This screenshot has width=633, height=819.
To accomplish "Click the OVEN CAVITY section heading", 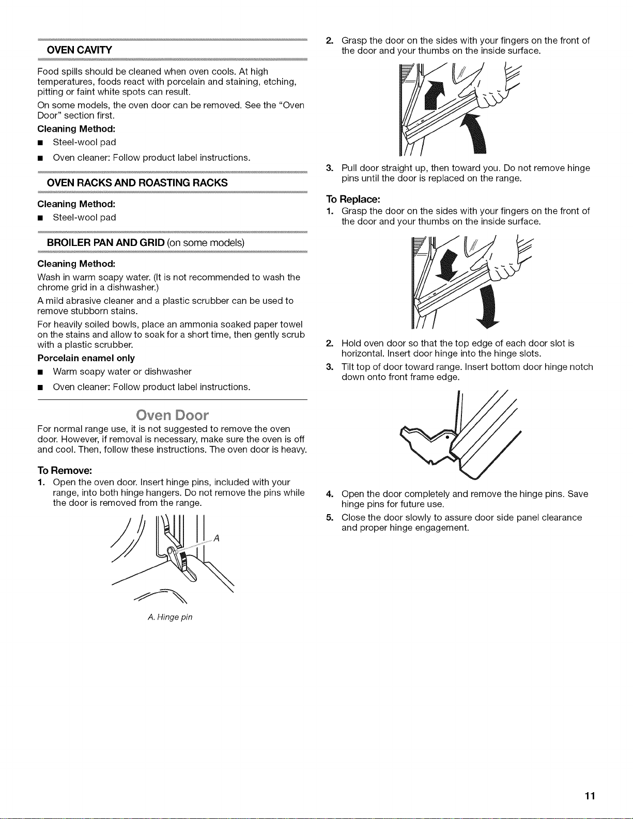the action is [79, 50].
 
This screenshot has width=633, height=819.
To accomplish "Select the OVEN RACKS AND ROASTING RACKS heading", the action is [137, 183].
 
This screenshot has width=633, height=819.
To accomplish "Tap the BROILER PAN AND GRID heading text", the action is [105, 242].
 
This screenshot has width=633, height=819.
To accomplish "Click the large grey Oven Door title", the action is [172, 415].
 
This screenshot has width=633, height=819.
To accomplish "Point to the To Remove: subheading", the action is [65, 470].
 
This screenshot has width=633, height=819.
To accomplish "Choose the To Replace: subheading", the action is [353, 199].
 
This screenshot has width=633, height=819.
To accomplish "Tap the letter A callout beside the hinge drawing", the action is [217, 538].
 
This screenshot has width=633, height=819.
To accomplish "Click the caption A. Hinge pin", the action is [170, 617].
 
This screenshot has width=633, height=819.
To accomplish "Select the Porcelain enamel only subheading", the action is [86, 358].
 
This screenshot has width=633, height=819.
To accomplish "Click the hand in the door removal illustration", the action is [492, 90].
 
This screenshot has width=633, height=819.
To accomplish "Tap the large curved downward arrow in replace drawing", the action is [488, 306].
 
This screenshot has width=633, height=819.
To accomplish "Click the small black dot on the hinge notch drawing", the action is [447, 438].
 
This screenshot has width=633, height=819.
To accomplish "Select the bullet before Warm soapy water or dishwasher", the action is [40, 373].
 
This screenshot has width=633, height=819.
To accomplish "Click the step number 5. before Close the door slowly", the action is [330, 517].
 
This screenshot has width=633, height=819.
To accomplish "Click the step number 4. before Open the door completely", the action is [330, 494].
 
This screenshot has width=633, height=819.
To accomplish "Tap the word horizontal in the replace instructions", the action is [363, 353].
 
